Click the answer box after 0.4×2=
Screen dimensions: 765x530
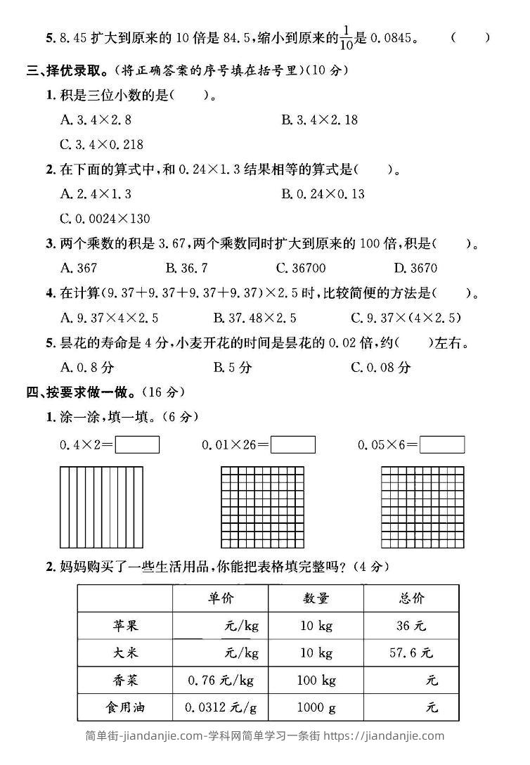137,445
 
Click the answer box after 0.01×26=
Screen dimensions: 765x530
293,445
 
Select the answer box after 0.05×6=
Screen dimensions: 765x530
442,445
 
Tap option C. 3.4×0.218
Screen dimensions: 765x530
102,144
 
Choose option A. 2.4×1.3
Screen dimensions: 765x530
96,193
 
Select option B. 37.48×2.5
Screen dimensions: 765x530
254,317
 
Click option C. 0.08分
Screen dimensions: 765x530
380,367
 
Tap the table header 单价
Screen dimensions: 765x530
221,598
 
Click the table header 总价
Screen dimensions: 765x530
411,598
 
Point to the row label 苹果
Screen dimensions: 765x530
125,626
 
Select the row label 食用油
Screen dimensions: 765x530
125,707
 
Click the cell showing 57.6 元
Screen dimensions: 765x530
411,653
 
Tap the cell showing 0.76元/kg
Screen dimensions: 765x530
221,680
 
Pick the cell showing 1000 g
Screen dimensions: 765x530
316,707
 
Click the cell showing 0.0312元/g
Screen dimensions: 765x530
221,707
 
